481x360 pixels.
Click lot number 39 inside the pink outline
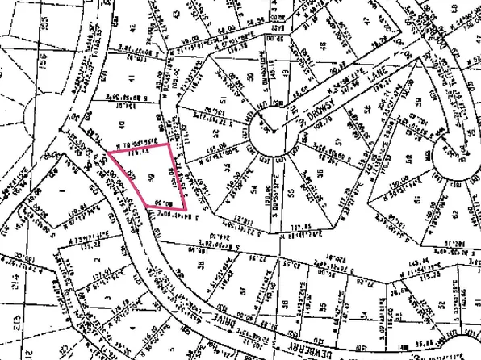point(151,177)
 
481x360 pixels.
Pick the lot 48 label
point(324,45)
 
